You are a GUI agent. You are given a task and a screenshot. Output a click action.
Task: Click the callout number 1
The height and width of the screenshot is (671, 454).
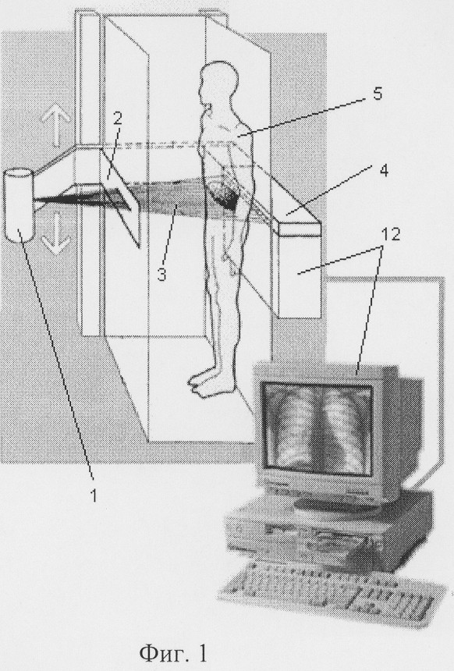pyautogui.click(x=93, y=495)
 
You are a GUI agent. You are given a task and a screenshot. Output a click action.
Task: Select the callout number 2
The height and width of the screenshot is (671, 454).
pyautogui.click(x=117, y=119)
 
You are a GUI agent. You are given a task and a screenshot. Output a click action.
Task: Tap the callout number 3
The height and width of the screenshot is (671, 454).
pyautogui.click(x=161, y=273)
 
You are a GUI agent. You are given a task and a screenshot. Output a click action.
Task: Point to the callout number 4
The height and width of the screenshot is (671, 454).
pyautogui.click(x=383, y=170)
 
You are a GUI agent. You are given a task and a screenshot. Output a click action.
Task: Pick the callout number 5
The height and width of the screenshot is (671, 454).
pyautogui.click(x=377, y=94)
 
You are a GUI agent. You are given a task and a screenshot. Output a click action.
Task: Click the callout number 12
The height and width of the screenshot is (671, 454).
pyautogui.click(x=391, y=233)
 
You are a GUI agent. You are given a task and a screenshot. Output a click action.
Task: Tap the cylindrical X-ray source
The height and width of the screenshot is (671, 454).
pyautogui.click(x=20, y=205)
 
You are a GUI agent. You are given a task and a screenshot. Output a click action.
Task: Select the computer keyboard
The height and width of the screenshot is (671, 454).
pyautogui.click(x=329, y=595)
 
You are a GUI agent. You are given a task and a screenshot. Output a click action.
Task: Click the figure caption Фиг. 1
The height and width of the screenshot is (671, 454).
pyautogui.click(x=174, y=652)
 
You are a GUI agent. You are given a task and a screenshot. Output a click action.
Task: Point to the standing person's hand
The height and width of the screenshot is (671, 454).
pyautogui.click(x=232, y=265)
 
